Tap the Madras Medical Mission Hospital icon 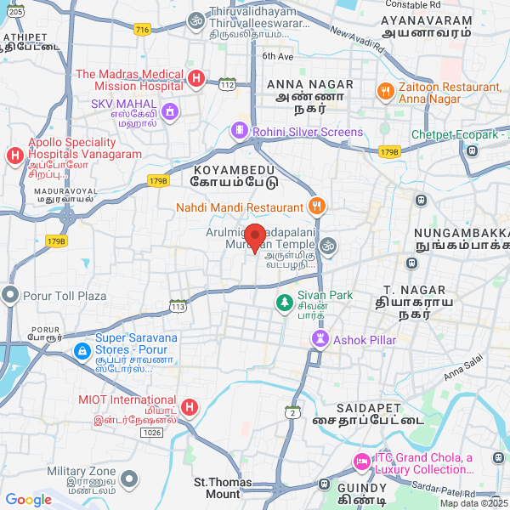pos(195,79)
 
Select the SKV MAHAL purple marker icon pos(170,110)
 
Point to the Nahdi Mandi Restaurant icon pos(316,207)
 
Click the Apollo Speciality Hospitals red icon pos(14,156)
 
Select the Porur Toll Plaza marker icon pos(10,295)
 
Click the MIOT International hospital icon pos(189,407)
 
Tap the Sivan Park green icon pos(283,302)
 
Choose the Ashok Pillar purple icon pos(319,339)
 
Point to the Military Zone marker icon pos(127,480)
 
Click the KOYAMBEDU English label pos(224,169)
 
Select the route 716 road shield pos(142,30)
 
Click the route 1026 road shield pos(151,433)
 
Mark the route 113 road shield pos(178,305)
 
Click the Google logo pos(28,501)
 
